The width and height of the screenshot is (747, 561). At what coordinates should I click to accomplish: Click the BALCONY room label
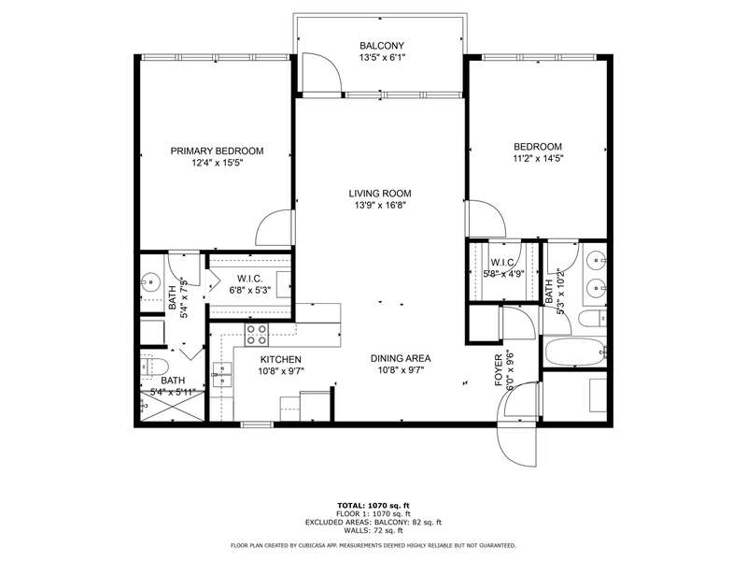[x=382, y=46]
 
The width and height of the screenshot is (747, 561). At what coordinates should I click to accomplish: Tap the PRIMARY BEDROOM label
[x=217, y=151]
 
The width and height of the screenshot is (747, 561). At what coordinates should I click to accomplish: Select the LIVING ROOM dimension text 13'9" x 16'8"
[x=380, y=206]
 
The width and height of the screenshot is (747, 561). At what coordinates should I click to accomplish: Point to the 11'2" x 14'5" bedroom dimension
[x=538, y=158]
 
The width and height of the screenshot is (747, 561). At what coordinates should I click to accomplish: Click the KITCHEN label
[x=281, y=360]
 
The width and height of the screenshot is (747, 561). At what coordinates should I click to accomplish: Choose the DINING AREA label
[x=401, y=358]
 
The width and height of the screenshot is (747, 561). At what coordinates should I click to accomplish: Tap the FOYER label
[x=499, y=370]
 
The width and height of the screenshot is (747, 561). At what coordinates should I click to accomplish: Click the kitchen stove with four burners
[x=256, y=335]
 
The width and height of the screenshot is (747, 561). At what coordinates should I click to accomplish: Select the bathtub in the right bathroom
[x=575, y=352]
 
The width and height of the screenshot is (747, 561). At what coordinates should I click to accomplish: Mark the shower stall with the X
[x=172, y=406]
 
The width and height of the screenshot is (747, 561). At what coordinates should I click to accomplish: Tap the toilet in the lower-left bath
[x=155, y=367]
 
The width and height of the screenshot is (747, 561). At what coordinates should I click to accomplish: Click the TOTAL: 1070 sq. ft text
[x=373, y=506]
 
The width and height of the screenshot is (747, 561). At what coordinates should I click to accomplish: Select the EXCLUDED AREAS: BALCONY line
[x=373, y=523]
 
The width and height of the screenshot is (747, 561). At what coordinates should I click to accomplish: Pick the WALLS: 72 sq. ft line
[x=373, y=530]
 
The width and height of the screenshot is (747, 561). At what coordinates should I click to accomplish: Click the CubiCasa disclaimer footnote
[x=373, y=545]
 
